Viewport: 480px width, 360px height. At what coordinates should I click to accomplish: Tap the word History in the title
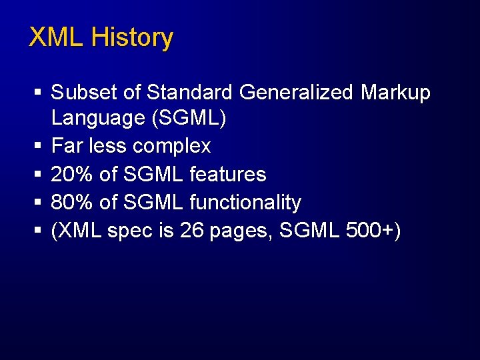[132, 37]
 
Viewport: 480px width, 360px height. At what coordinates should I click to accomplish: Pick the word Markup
[396, 93]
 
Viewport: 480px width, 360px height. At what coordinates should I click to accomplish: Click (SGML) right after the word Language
[189, 119]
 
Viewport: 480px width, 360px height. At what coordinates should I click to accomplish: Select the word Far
[65, 146]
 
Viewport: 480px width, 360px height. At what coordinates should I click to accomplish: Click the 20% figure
[71, 175]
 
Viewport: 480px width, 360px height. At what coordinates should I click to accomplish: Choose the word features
[228, 175]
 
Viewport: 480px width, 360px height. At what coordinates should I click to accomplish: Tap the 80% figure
[71, 203]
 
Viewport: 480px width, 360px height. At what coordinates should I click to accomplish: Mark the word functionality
[245, 203]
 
